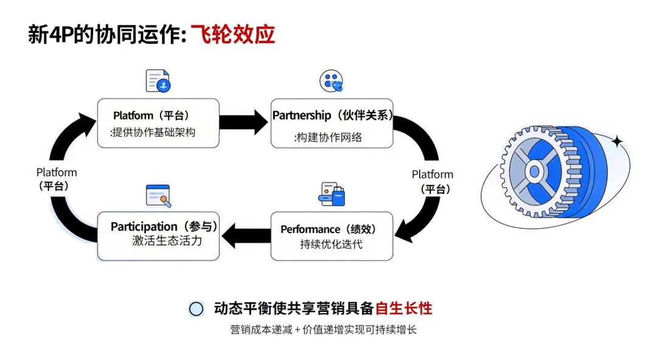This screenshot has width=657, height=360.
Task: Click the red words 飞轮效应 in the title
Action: coord(233,35)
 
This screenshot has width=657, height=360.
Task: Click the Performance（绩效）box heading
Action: coord(328,229)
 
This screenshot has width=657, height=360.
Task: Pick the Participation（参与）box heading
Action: coord(164,227)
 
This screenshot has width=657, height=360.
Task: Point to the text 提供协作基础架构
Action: coord(153,133)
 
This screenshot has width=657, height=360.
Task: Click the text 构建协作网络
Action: coord(328,137)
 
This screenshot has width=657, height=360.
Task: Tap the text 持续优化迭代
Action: coord(331,244)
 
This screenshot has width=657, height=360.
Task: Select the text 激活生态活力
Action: coord(167,241)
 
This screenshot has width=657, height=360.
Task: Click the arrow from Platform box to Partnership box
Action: coord(243,122)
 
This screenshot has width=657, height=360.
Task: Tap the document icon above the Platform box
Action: coord(158,81)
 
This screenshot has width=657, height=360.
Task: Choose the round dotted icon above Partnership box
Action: coord(332,81)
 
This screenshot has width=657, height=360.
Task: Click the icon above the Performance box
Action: coord(332,195)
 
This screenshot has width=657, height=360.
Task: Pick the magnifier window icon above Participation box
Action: coord(158,195)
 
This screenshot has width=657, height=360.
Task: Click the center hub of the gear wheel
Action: coord(534,171)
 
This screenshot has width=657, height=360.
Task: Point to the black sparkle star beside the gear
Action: coord(617,142)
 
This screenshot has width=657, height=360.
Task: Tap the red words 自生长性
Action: coord(403,308)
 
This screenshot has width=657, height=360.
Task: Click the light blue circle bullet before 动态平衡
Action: coord(196,309)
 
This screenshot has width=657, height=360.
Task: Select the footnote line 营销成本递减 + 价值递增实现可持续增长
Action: coord(323,330)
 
